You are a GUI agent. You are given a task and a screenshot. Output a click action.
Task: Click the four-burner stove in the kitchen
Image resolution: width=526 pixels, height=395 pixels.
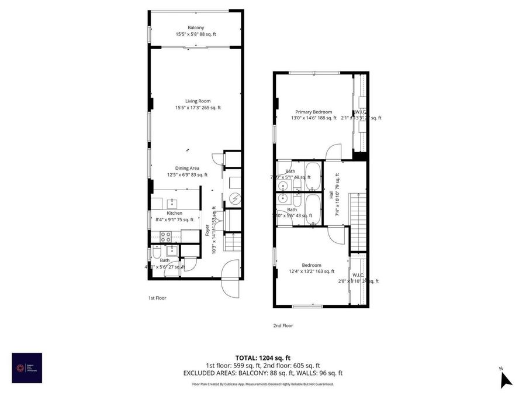166,237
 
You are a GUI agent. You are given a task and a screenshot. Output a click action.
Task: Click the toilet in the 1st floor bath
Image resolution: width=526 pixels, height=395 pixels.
157,254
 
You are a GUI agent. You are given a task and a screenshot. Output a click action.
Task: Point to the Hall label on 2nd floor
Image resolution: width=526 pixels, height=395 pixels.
331,194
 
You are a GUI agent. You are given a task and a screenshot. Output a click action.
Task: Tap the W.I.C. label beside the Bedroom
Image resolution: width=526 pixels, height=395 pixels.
358,275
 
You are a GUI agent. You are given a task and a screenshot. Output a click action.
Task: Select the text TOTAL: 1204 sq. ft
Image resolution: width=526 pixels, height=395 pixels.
262,357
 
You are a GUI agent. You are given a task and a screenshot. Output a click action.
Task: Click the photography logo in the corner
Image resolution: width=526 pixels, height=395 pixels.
27,368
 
